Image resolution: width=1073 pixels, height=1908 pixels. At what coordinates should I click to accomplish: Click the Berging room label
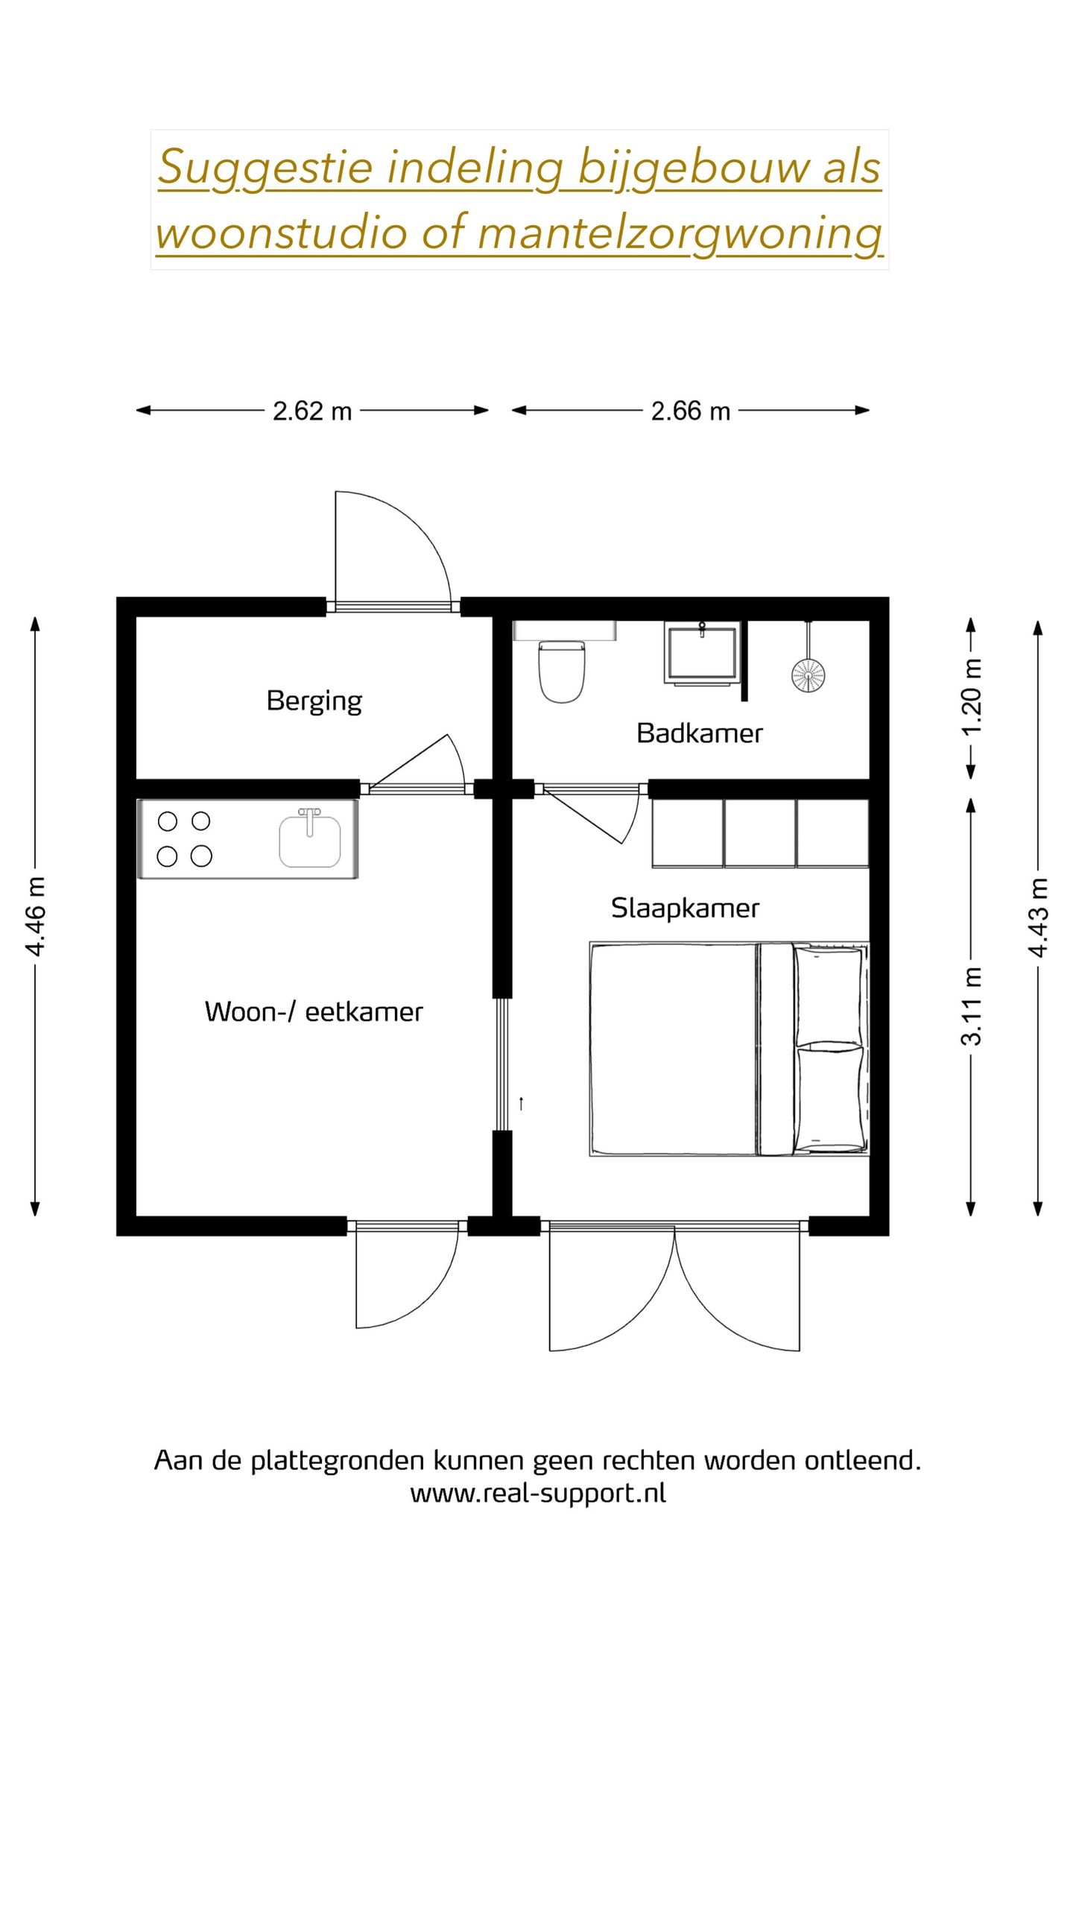click(314, 701)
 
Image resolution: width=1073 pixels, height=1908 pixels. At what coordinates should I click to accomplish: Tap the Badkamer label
click(700, 733)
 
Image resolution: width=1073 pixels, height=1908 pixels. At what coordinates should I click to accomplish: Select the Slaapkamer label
click(685, 909)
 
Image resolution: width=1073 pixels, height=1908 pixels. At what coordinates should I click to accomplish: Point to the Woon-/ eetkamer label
click(314, 1011)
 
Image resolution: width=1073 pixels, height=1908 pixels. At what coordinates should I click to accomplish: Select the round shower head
click(808, 674)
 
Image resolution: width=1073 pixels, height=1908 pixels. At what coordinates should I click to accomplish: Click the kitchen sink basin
click(310, 841)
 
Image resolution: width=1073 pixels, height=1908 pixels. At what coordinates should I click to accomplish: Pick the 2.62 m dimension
click(312, 411)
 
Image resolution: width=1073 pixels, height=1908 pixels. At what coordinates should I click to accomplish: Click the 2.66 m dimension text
click(691, 411)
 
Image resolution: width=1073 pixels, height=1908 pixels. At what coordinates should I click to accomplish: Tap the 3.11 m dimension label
click(972, 1006)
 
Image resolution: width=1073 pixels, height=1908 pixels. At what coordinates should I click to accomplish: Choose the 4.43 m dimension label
click(1039, 916)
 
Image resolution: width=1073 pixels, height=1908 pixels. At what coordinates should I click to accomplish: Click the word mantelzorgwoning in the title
click(680, 233)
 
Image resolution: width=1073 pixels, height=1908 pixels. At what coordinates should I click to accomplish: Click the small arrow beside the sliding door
click(522, 1104)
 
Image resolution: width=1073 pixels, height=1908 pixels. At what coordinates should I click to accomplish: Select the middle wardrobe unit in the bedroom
click(759, 833)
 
